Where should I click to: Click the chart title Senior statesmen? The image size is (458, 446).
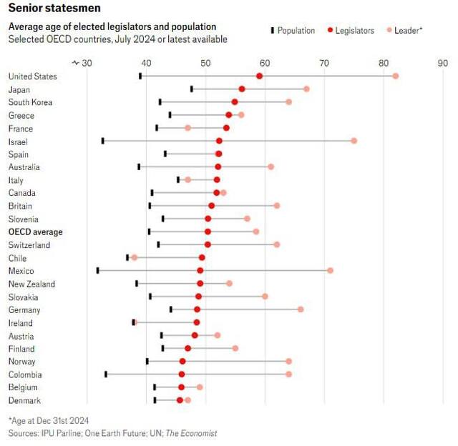pos(54,8)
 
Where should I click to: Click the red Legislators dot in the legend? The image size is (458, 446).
pos(331,31)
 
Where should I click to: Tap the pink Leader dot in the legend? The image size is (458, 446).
pos(389,31)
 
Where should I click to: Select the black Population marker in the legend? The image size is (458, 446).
pos(273,31)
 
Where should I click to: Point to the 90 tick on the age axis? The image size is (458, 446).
pos(442,63)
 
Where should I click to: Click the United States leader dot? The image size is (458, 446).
pos(396,76)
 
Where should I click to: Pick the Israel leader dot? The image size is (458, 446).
pos(354,141)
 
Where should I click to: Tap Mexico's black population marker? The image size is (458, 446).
pos(98,270)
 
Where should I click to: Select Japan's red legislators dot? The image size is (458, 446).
pos(242,89)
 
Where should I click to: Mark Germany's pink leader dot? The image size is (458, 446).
pos(301,309)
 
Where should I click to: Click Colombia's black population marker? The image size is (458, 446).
pos(106,374)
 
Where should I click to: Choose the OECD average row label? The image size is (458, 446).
pos(35,232)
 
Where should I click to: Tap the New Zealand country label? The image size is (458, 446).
pos(31,284)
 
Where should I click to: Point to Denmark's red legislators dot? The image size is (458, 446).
pos(180,400)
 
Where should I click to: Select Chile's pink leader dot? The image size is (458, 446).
pos(134,257)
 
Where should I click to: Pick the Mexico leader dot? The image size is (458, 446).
pos(331,270)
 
